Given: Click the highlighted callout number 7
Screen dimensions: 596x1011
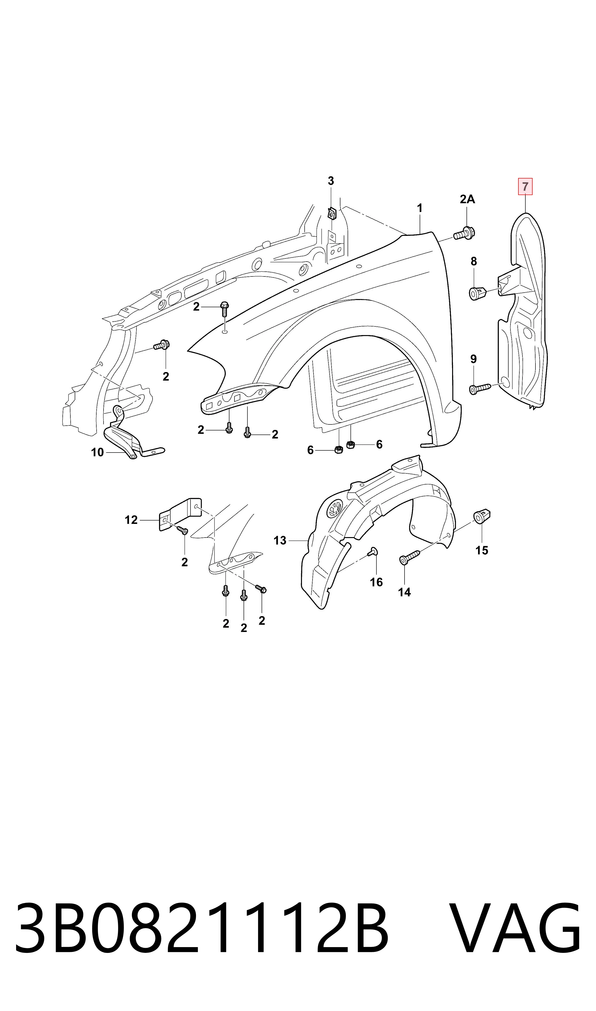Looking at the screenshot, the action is coord(525,187).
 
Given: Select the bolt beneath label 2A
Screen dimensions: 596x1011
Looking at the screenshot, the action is coord(464,233).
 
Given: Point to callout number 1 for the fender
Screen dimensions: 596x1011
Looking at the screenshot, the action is coord(420,208).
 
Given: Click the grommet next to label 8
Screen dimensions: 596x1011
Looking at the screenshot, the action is coord(478,293).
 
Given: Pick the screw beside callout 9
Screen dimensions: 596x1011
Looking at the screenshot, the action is coord(480,389).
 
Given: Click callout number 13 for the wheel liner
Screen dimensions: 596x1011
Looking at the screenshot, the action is coord(280,540).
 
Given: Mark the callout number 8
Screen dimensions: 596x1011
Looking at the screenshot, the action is coord(474,261).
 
